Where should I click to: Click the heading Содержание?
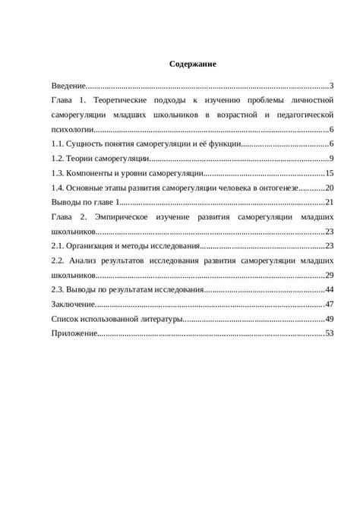[193, 65]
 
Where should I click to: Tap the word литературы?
[159, 318]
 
